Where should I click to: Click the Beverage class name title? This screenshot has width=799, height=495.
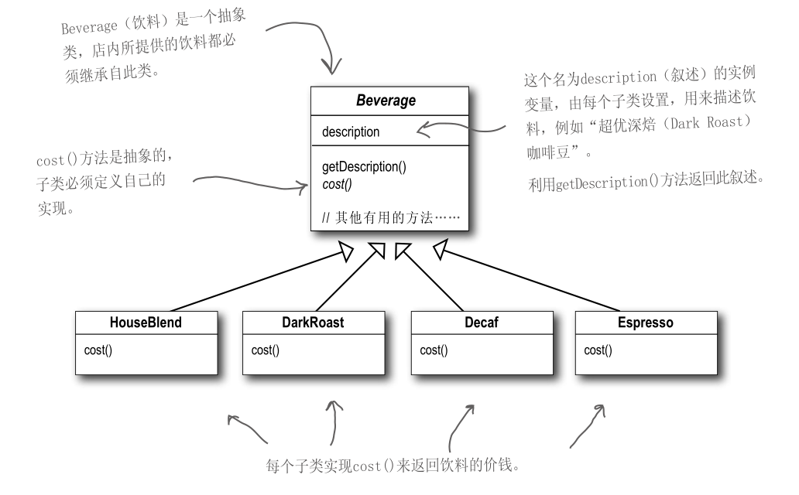point(386,101)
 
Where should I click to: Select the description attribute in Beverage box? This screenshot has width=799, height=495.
point(351,132)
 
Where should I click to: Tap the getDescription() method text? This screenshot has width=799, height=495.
point(364,167)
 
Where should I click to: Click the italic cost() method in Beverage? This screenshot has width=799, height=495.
point(338,183)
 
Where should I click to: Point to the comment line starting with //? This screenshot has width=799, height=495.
point(390,218)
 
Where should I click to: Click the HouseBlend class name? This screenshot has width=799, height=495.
point(146,323)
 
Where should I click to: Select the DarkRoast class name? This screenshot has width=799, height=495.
point(313,323)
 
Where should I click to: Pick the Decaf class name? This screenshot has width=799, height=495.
point(481,323)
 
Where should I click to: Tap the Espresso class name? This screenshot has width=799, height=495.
point(646,323)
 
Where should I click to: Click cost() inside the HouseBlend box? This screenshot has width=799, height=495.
point(98,350)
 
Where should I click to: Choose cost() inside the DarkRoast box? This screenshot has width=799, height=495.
point(266,350)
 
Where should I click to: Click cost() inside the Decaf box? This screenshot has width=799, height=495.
point(434,350)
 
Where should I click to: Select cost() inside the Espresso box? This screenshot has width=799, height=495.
point(598,350)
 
